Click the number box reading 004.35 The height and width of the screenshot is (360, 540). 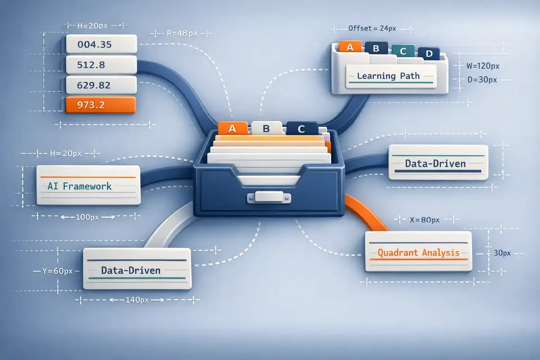coord(101,44)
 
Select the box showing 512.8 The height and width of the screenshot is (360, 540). coord(101,64)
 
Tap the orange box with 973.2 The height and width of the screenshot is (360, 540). coord(100,105)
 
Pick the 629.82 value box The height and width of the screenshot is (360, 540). coord(101,85)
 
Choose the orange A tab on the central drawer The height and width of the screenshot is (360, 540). coord(233,128)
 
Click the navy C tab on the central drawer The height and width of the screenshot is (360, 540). coord(301,129)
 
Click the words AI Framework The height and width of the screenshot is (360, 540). coord(80,186)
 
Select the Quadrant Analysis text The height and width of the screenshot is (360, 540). coord(418,252)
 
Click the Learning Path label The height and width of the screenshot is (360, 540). coord(388,76)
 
